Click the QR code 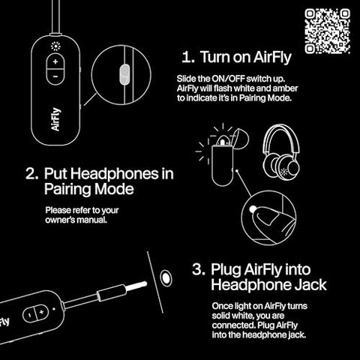(x=327, y=31)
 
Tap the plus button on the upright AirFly (x=55, y=61)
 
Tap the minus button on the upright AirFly (x=55, y=76)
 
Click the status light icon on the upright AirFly (x=55, y=46)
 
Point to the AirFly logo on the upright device (x=55, y=119)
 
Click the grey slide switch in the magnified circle (x=124, y=74)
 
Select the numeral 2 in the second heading (x=31, y=173)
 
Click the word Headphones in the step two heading (x=114, y=174)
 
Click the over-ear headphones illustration (x=281, y=152)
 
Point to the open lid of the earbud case (x=241, y=139)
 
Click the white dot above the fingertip (x=253, y=209)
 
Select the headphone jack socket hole (x=166, y=277)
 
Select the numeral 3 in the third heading (x=198, y=269)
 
